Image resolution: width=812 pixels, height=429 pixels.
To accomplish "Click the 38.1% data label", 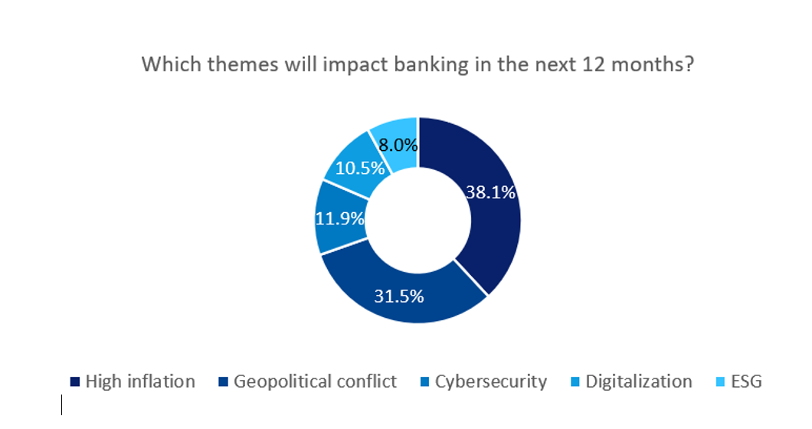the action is pos(491,192).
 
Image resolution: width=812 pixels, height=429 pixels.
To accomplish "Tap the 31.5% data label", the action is pos(399,296).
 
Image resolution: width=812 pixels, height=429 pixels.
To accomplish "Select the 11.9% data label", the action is pos(339,218).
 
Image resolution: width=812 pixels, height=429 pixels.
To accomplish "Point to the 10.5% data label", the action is pos(360,167).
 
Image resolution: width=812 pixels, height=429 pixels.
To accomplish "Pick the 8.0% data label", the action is pos(398,145).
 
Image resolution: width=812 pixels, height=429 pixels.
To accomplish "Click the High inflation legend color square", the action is pos(75,382).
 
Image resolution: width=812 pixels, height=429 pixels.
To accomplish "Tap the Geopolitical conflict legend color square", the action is pos(223,382).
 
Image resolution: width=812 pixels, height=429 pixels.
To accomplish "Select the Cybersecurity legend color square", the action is pos(424,382).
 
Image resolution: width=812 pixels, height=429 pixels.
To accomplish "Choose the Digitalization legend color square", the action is pos(575,382).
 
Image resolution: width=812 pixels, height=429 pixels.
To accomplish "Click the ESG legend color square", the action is pos(720,382).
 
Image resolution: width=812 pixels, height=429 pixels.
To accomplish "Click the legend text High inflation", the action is pos(140,382).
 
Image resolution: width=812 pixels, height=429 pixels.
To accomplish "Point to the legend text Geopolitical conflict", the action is pos(315,382).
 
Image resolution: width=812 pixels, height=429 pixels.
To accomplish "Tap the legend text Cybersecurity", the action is pos(491,382).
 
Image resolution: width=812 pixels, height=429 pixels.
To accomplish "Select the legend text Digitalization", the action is pos(639,382).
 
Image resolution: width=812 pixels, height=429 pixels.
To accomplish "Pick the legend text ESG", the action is pos(746,382).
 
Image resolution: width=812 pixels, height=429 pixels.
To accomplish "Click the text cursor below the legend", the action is pos(61,404).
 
